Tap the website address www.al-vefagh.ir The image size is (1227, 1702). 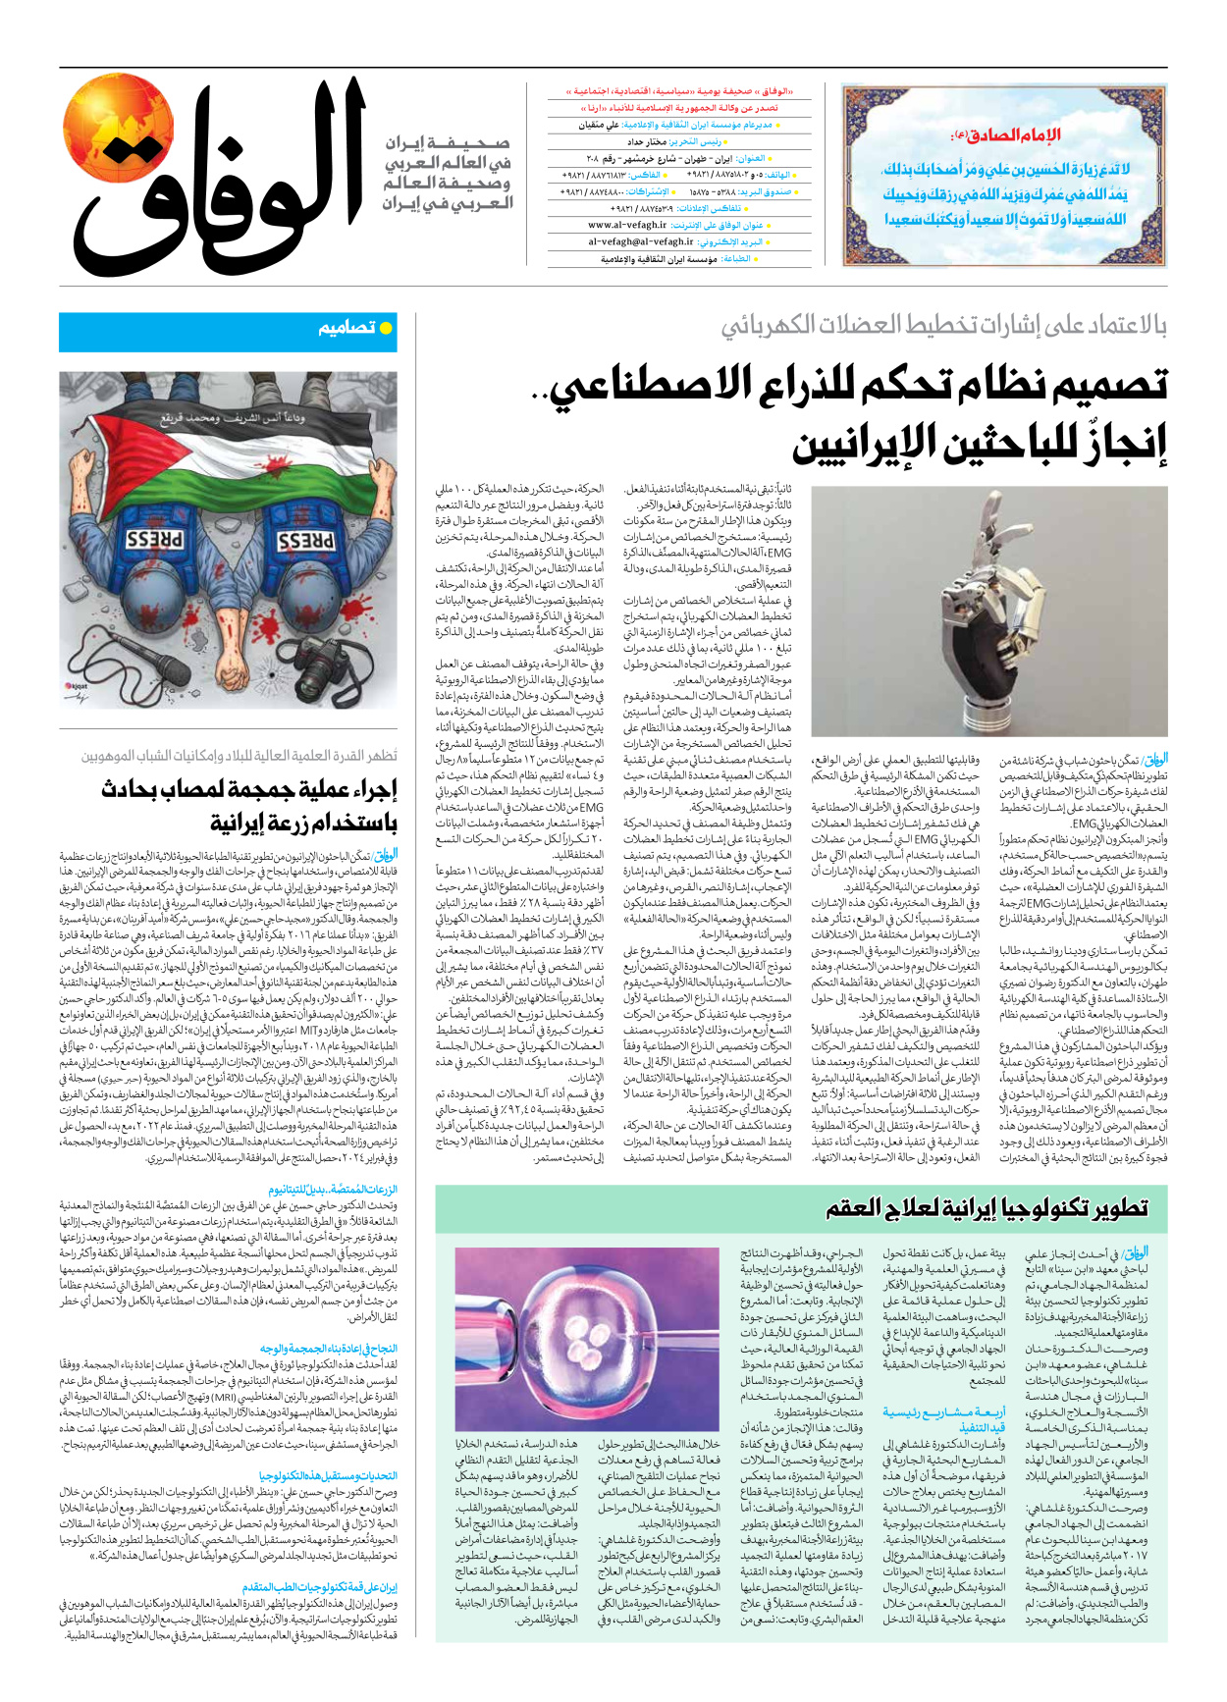[627, 225]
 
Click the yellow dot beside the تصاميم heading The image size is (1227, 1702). [386, 329]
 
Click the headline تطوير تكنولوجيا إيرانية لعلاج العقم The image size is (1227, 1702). [987, 1208]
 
